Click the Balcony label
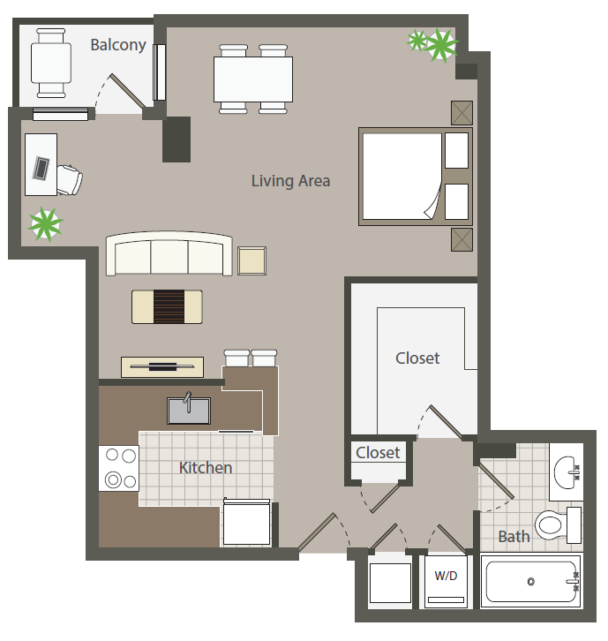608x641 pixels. (x=118, y=45)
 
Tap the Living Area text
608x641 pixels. (x=290, y=181)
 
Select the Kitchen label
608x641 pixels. (x=206, y=468)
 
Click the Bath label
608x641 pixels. (x=514, y=536)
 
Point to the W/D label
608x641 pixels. (x=446, y=576)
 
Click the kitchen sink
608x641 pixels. (x=189, y=410)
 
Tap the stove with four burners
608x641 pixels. (x=119, y=468)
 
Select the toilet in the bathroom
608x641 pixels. (x=559, y=525)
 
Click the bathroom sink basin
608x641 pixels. (x=567, y=472)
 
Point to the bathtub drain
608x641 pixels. (x=530, y=581)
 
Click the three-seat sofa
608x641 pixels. (x=169, y=254)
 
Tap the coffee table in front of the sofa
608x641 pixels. (x=167, y=306)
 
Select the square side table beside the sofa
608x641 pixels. (x=252, y=260)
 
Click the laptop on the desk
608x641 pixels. (x=41, y=168)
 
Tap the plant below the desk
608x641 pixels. (x=46, y=224)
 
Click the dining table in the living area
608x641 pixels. (x=253, y=79)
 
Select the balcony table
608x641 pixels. (x=51, y=63)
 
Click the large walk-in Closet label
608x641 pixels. (x=417, y=358)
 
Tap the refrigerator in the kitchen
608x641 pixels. (x=247, y=522)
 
